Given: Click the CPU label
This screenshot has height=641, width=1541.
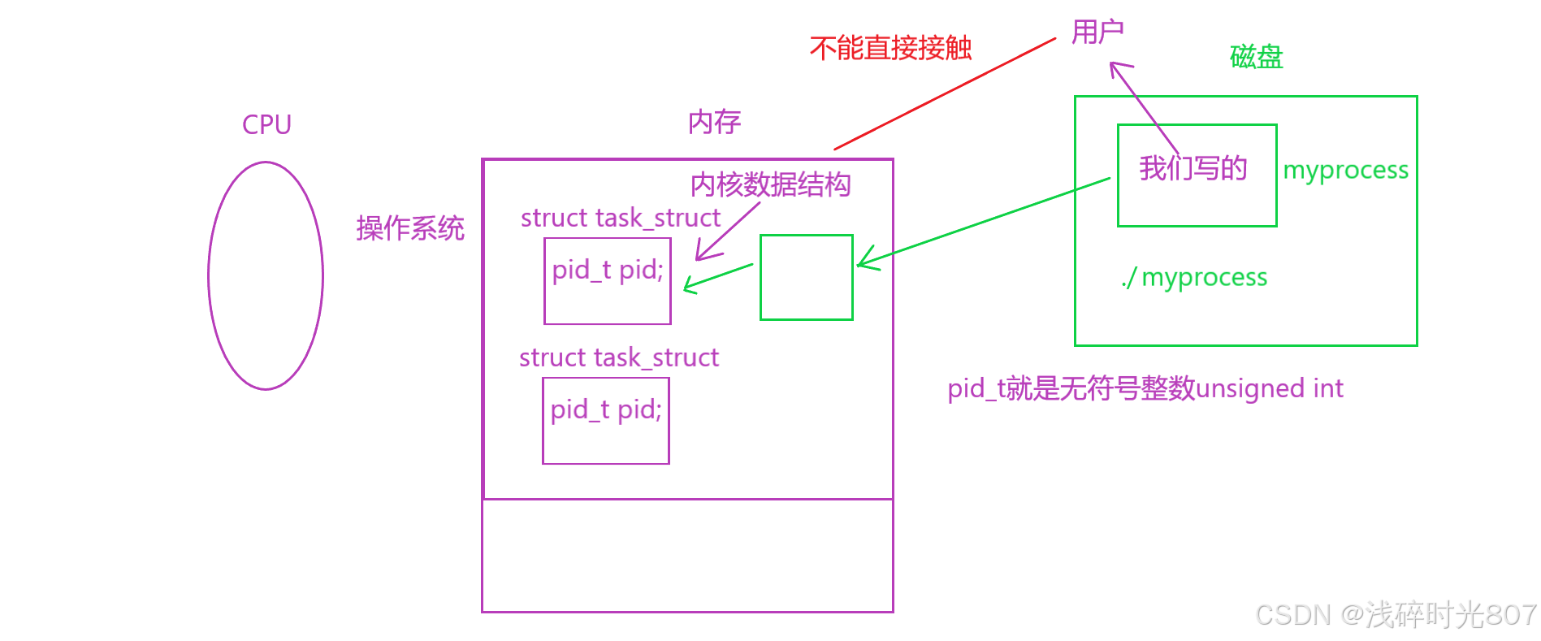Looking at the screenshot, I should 266,125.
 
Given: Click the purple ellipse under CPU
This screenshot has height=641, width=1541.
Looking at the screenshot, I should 266,276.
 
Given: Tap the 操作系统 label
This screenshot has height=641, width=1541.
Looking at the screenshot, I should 409,228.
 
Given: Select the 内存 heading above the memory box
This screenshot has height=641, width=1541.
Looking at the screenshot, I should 714,123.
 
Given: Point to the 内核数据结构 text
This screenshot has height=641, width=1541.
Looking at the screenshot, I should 770,185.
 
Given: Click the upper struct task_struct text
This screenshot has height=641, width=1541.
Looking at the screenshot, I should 621,218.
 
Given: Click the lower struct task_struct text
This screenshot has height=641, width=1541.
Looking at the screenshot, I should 619,357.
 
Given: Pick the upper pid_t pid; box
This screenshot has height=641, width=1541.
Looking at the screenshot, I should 608,281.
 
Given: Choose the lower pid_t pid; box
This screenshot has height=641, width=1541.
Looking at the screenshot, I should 606,421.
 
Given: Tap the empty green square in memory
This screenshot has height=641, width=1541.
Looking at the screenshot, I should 807,278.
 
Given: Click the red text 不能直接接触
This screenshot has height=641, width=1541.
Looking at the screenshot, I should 890,49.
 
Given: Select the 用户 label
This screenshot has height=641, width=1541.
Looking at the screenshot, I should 1097,32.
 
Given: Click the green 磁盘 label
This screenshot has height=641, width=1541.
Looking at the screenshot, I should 1256,57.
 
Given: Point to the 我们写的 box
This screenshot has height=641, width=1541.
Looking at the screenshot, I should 1197,175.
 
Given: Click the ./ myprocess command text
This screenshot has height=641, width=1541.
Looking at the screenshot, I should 1194,278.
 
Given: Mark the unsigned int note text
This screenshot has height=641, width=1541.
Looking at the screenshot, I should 1145,388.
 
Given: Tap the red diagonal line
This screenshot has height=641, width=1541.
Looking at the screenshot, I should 945,94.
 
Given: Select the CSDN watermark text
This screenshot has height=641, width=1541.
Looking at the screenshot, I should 1396,615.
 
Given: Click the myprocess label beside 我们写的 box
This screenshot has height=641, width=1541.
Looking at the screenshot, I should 1345,171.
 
